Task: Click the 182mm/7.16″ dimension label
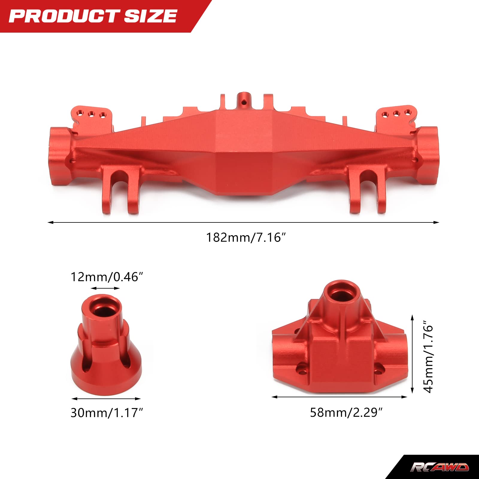pos(246,238)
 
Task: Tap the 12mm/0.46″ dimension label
pos(107,277)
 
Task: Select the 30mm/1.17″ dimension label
pos(107,413)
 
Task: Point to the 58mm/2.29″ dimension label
pos(346,413)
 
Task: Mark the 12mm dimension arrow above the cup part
pos(105,289)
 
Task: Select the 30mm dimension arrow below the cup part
pos(106,399)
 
